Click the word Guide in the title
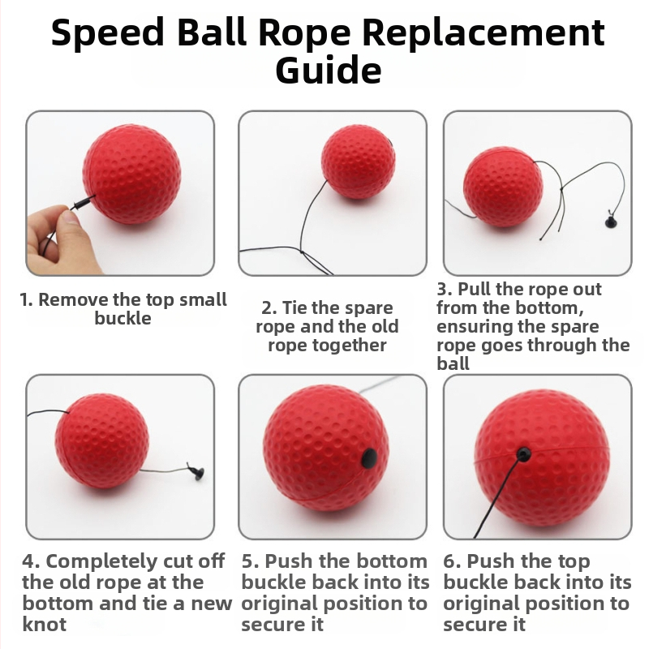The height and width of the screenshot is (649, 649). coord(329,71)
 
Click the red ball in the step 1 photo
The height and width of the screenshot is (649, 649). coord(132,174)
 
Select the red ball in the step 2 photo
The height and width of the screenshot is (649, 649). coord(358,161)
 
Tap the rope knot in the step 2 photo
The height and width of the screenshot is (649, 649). coord(302,252)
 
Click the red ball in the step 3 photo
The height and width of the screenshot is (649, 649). coord(503,187)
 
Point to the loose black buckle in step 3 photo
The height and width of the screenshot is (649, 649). coord(611,221)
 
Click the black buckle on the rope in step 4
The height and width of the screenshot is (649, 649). coord(196,472)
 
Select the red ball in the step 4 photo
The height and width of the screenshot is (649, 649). coord(102,441)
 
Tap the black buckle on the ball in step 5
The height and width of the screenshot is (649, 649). coord(369,458)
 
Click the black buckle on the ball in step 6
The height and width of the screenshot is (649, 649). coord(523,453)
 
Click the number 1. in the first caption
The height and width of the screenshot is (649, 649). coord(26,299)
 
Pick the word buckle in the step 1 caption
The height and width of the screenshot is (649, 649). coord(122,318)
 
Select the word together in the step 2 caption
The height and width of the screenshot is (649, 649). coord(327,346)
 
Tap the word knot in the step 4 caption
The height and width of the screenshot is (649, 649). coord(45,624)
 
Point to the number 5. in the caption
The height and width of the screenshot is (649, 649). coord(251,561)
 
